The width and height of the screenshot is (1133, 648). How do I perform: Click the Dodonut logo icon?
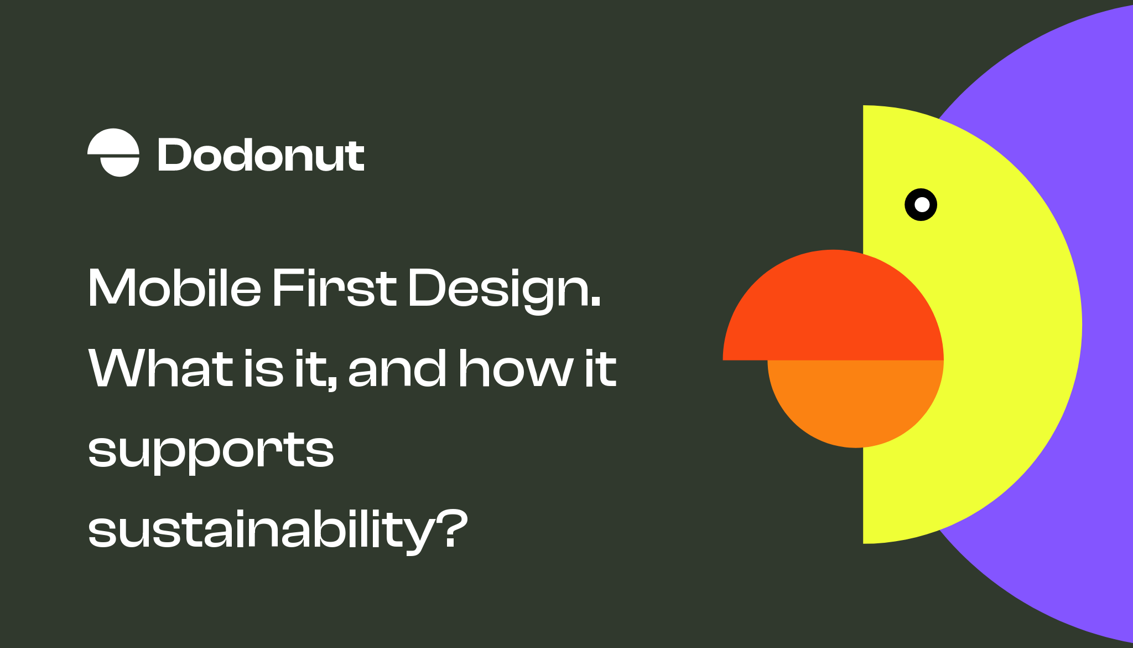pos(113,153)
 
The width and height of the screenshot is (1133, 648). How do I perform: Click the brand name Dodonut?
pos(261,156)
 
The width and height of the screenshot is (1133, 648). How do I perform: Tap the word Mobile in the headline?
pos(174,288)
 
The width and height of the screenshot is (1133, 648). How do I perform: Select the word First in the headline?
pos(334,288)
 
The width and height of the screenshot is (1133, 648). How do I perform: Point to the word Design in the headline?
pos(498,289)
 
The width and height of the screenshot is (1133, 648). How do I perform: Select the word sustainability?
pos(262,530)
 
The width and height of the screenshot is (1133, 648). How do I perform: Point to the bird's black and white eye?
pos(921,205)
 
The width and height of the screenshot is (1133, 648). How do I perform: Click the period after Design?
pos(595,302)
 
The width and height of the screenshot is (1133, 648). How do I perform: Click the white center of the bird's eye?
pos(922,205)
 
